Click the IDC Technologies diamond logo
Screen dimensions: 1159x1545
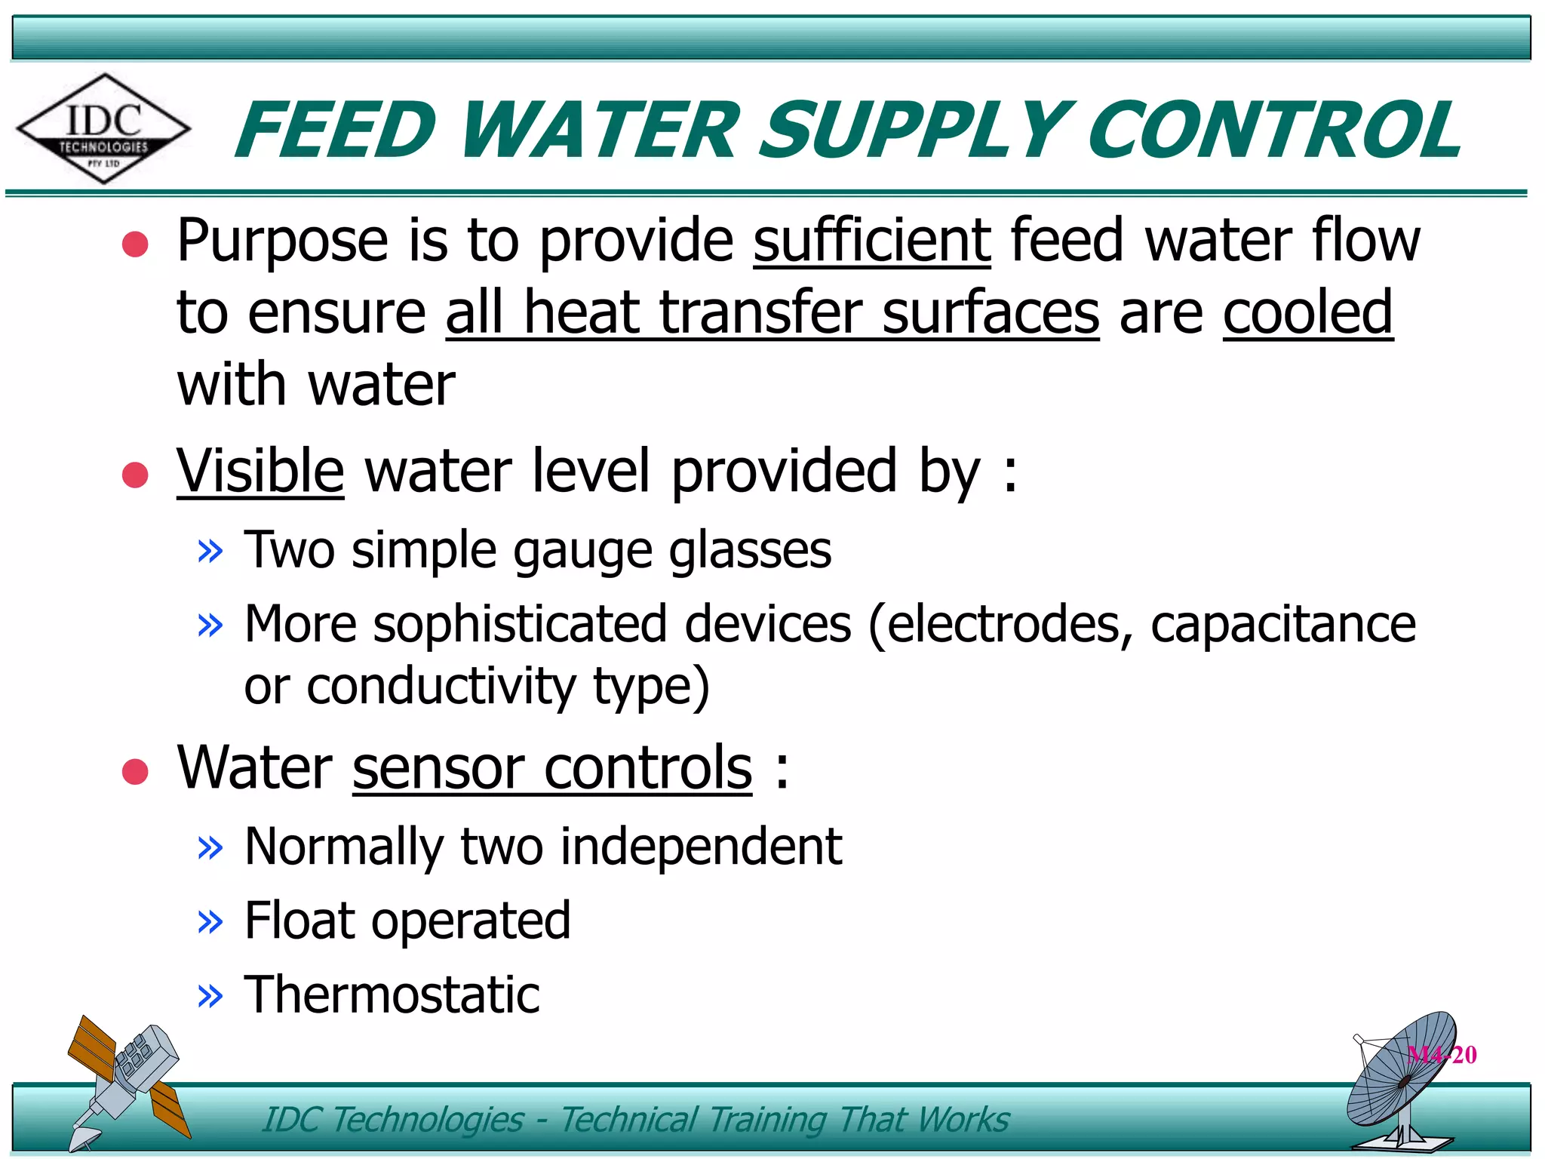[x=103, y=129]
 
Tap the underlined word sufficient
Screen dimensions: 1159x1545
[x=871, y=241]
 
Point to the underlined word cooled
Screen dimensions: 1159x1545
[x=1307, y=312]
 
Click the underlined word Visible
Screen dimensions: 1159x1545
[x=260, y=471]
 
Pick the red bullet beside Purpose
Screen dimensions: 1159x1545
[x=135, y=244]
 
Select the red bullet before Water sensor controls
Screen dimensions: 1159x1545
[x=135, y=771]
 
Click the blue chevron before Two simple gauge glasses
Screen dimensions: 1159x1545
[x=210, y=551]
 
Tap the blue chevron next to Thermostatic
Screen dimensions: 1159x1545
[x=210, y=996]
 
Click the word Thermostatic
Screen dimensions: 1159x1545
[x=392, y=995]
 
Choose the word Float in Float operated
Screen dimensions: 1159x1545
[x=298, y=921]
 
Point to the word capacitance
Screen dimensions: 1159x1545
[x=1282, y=625]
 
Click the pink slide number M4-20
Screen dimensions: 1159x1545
[x=1442, y=1054]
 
